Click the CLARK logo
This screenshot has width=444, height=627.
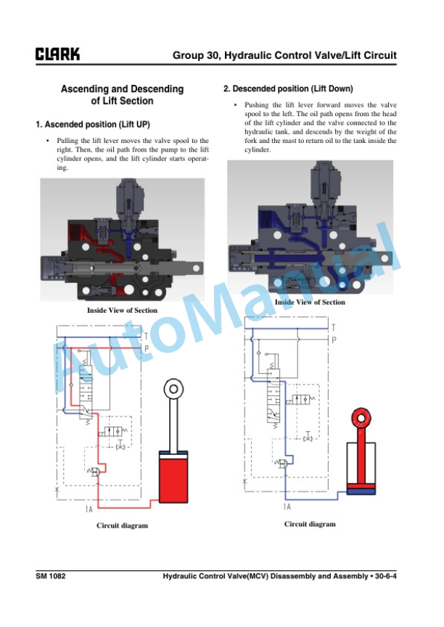tap(57, 54)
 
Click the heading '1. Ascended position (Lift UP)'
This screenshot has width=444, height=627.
tap(93, 124)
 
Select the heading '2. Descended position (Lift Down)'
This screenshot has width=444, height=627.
tap(288, 89)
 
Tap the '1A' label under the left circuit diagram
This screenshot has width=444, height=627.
tap(89, 509)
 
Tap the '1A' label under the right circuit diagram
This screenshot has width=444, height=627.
tap(287, 507)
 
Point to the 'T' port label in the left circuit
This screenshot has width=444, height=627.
tap(146, 337)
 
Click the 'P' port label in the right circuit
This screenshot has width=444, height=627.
tap(334, 340)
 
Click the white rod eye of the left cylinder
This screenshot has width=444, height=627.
tap(173, 389)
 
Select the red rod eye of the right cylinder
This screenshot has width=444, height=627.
tap(361, 418)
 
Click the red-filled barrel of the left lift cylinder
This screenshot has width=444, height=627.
tap(173, 478)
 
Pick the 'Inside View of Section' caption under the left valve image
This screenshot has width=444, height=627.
tap(123, 311)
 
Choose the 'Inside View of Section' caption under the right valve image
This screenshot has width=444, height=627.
tap(310, 303)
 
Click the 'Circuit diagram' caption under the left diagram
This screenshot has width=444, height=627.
tap(123, 525)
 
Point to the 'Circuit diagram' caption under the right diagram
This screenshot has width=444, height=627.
tap(310, 524)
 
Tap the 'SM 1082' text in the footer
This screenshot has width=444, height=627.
tap(50, 576)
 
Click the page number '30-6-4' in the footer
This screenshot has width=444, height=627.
tap(386, 576)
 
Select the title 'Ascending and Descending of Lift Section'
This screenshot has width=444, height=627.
tap(123, 95)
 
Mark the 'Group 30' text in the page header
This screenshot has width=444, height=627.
tap(195, 55)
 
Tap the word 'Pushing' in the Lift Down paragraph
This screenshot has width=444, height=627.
tap(257, 104)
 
